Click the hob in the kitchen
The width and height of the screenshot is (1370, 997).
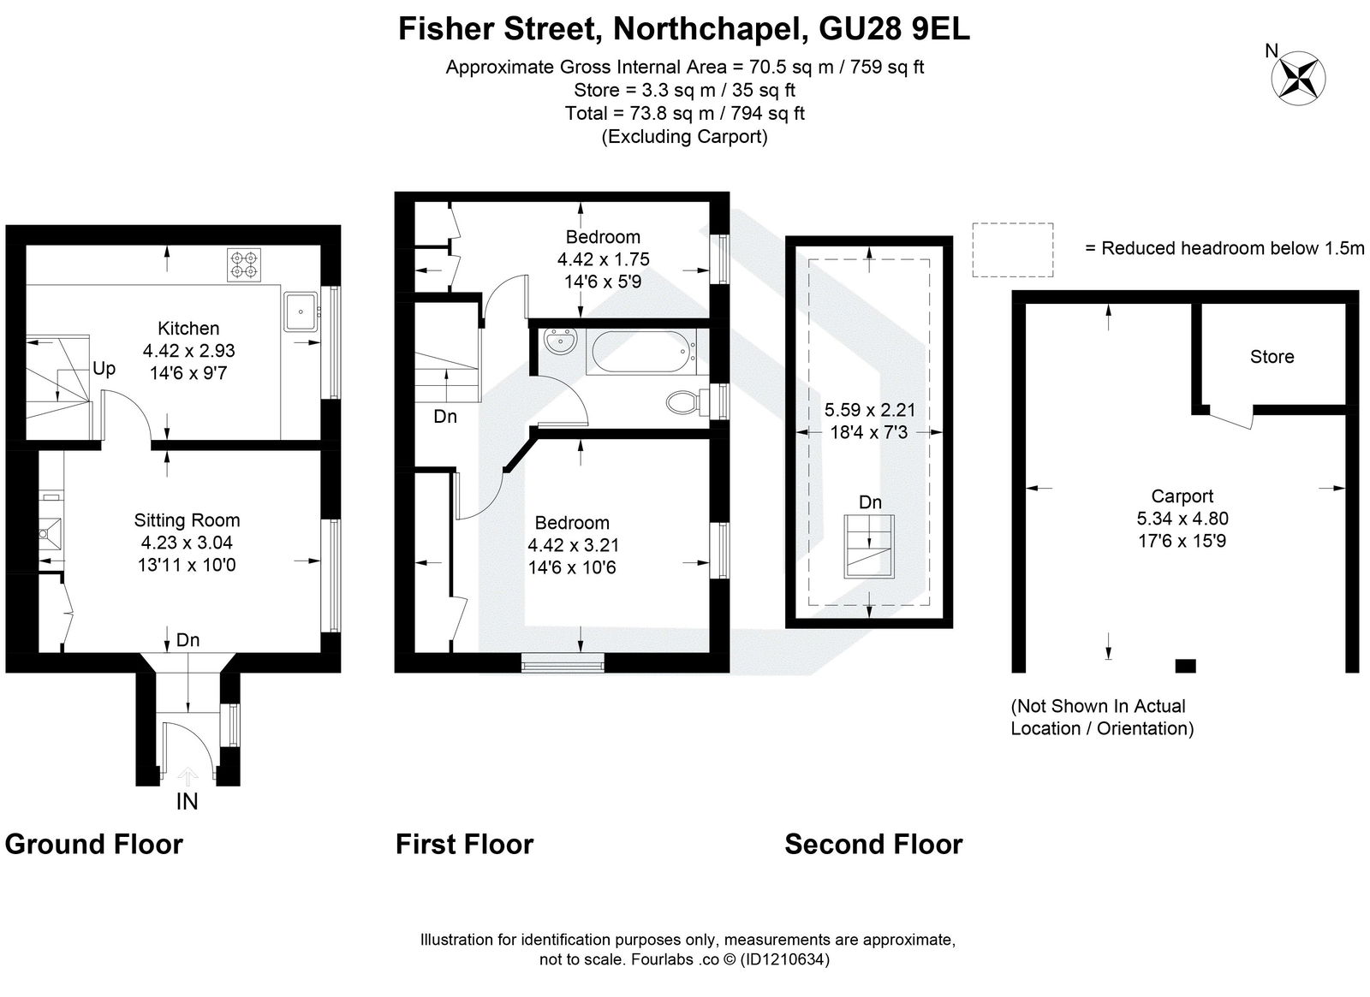[243, 264]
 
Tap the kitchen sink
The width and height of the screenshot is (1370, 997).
[301, 312]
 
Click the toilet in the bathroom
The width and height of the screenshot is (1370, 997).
[684, 401]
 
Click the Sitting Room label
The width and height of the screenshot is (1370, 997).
[187, 520]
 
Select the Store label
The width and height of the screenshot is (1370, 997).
[1272, 357]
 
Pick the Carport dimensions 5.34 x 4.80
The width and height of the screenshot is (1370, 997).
[1182, 519]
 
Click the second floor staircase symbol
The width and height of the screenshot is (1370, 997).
[870, 547]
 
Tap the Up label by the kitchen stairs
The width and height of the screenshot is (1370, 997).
[104, 369]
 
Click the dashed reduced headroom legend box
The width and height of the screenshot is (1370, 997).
[1012, 249]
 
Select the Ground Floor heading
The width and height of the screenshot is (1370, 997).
[94, 845]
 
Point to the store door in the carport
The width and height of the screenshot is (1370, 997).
[1231, 418]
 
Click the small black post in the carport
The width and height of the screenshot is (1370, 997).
[1185, 665]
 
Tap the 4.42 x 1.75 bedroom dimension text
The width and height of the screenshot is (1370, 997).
[603, 259]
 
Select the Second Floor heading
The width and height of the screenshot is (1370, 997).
[873, 845]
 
